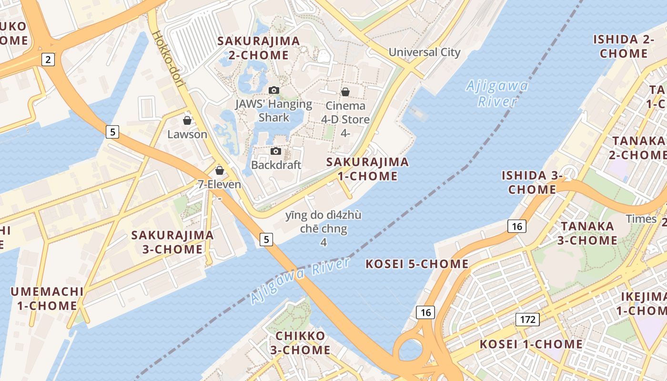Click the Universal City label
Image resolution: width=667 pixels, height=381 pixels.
point(424,52)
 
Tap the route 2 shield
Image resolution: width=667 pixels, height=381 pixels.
point(48,60)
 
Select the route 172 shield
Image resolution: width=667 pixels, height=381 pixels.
point(527,319)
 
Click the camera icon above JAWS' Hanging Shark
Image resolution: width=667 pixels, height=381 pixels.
point(273,90)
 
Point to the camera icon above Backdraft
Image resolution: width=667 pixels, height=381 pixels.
point(275,151)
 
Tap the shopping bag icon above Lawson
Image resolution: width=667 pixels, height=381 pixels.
point(187,120)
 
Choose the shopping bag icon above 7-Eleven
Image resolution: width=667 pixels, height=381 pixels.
point(220,170)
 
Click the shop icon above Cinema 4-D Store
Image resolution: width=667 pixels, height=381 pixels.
point(345,92)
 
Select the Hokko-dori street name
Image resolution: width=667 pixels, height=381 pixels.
point(169,60)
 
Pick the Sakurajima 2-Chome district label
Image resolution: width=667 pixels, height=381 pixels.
point(259,48)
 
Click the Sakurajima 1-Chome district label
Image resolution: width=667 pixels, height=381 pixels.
point(367,169)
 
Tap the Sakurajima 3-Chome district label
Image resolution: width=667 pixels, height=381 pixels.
point(172,242)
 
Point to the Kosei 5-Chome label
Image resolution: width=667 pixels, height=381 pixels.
point(417,264)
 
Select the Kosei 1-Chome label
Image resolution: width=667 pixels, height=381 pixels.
point(531,344)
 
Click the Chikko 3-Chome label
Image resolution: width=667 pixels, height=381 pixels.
point(300,343)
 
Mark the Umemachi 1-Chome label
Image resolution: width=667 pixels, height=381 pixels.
point(47,299)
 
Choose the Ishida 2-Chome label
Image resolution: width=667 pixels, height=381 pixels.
point(624,46)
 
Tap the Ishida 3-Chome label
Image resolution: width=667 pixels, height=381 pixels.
point(532,182)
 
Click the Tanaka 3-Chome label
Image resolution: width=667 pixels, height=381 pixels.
point(587,233)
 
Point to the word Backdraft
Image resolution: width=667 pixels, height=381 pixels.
point(276,165)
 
